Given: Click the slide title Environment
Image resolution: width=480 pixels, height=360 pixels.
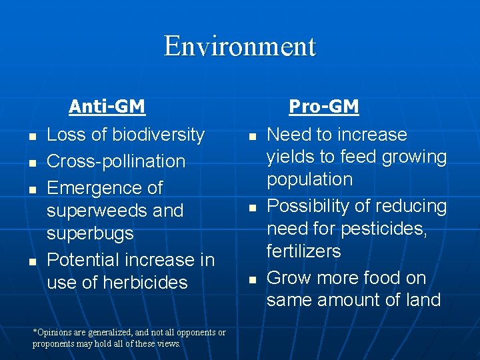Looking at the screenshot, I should (240, 47).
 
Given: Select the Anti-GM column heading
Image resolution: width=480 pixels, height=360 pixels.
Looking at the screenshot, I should (107, 107).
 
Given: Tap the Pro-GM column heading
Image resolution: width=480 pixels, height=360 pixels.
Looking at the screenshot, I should (323, 107).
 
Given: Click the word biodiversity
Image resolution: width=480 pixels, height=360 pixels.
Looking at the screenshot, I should (158, 135).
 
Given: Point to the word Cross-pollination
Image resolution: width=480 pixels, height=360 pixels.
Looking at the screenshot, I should (116, 161).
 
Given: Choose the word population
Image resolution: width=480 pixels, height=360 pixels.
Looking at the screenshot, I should (309, 180).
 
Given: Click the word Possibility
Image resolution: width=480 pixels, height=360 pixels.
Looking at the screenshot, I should (309, 207).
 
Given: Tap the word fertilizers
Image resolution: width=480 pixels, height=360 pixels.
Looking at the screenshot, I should (303, 251).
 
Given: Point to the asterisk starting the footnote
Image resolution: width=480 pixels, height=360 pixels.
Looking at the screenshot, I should (35, 331).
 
